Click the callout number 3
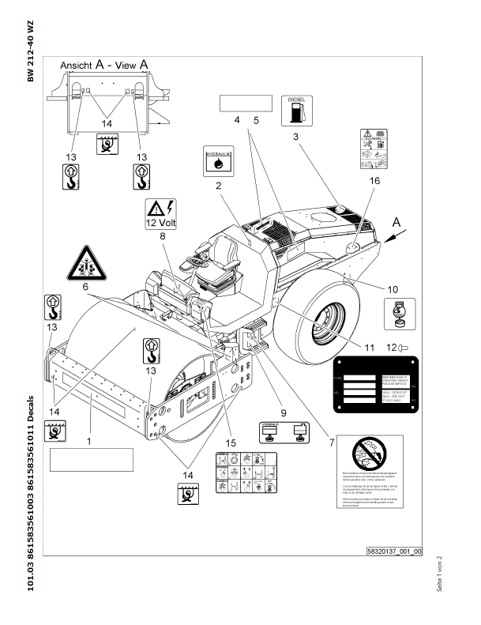point(295,137)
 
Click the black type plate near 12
point(372,383)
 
